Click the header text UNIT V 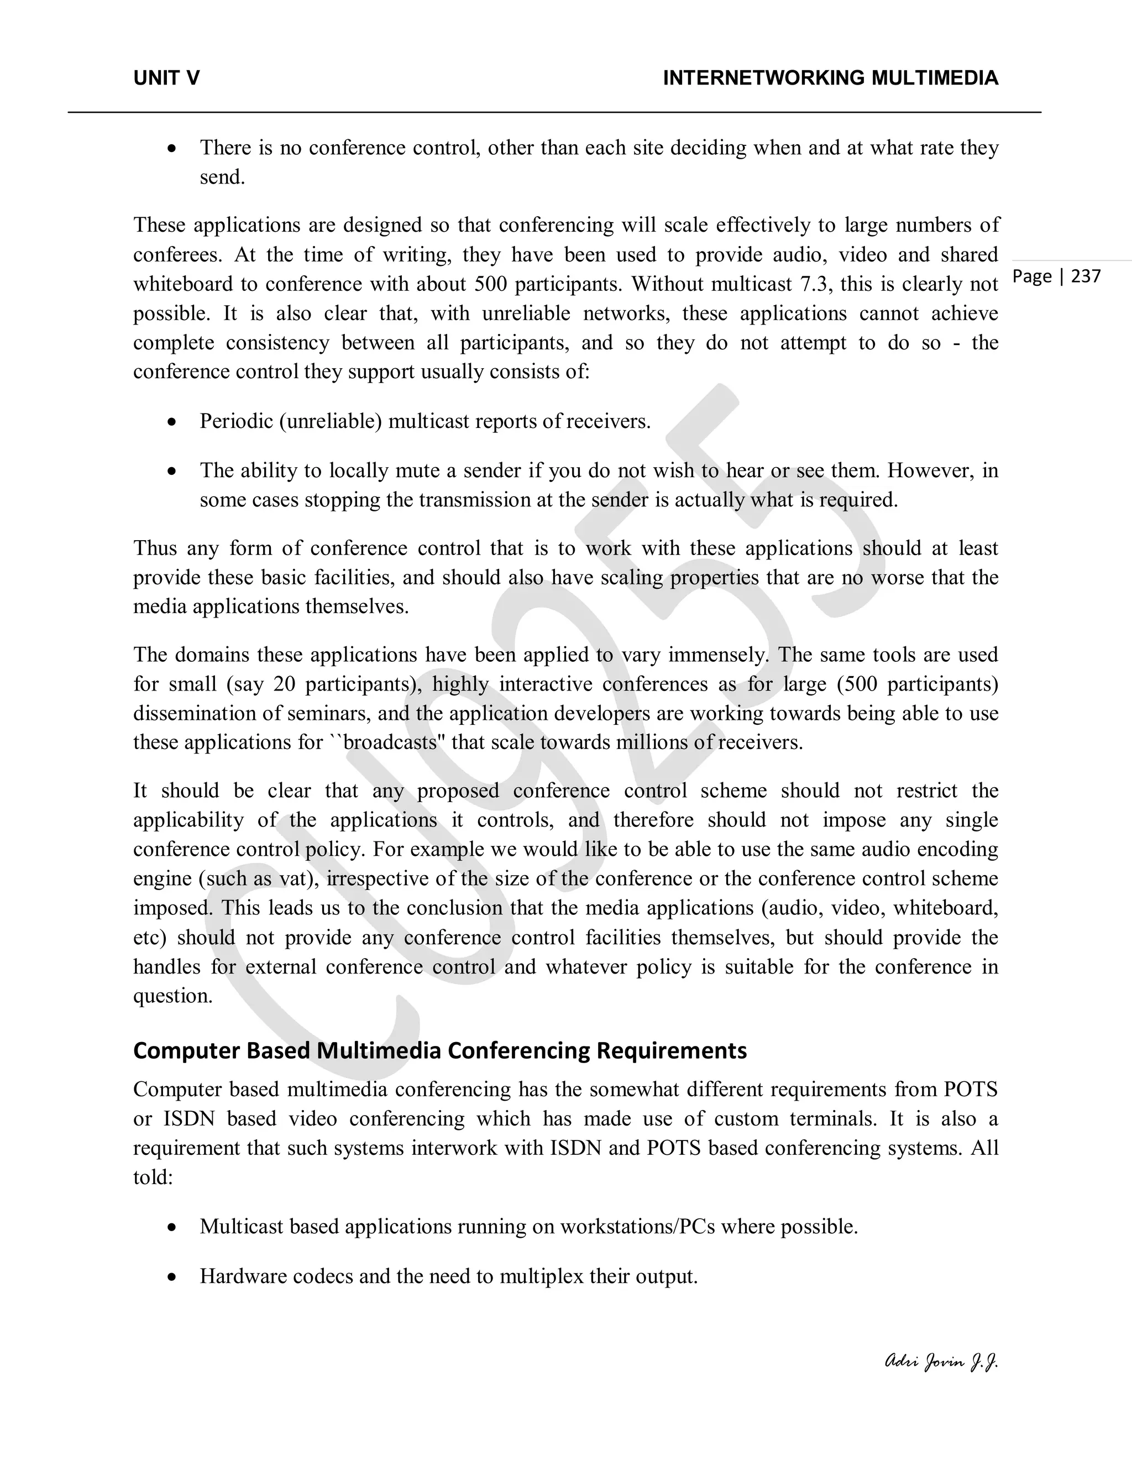pyautogui.click(x=166, y=79)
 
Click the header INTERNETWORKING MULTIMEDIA pyautogui.click(x=830, y=79)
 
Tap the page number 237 pyautogui.click(x=1086, y=276)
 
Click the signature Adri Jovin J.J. pyautogui.click(x=941, y=1361)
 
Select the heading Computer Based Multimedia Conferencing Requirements pyautogui.click(x=440, y=1050)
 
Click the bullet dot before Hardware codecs pyautogui.click(x=172, y=1276)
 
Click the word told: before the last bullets pyautogui.click(x=153, y=1177)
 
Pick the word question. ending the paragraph pyautogui.click(x=172, y=996)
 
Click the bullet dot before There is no pyautogui.click(x=172, y=148)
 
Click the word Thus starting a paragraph pyautogui.click(x=155, y=548)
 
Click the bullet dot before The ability pyautogui.click(x=172, y=471)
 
